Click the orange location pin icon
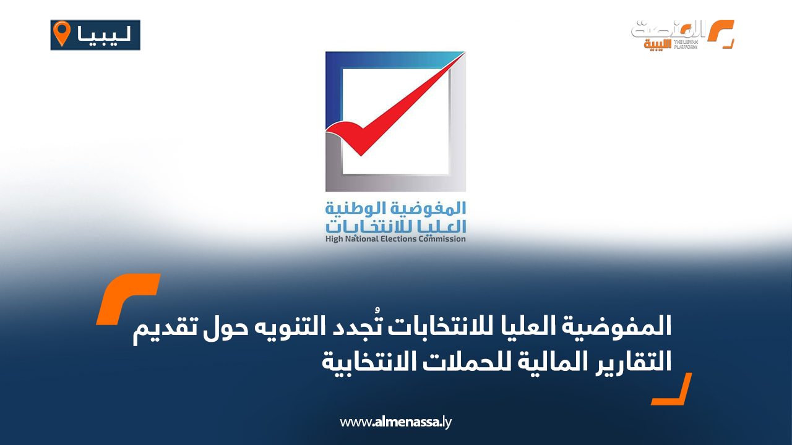(x=61, y=33)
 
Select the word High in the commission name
(x=334, y=239)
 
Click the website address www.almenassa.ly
(x=395, y=422)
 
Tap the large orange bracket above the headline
(x=128, y=299)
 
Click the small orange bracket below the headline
(x=671, y=389)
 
